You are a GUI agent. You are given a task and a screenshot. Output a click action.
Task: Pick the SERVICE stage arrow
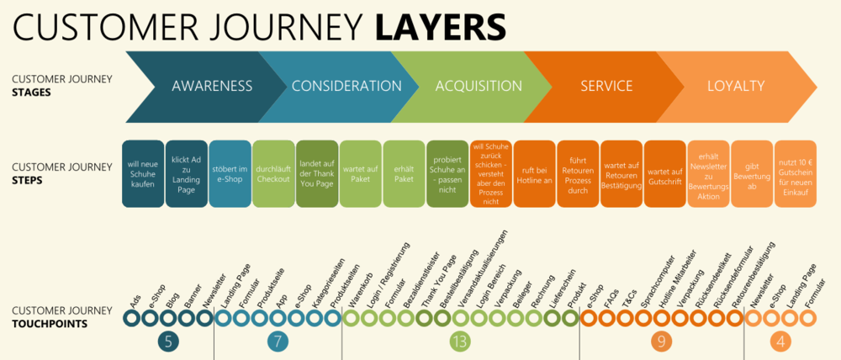(606, 86)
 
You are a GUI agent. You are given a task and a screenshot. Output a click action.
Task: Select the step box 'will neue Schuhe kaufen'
(143, 174)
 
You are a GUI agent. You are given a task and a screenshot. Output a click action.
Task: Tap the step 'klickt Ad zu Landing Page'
(187, 174)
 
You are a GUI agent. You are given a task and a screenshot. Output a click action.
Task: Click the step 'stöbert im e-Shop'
(230, 174)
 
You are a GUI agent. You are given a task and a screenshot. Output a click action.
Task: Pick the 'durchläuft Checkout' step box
(273, 174)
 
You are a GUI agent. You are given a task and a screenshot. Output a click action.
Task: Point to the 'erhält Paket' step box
(404, 174)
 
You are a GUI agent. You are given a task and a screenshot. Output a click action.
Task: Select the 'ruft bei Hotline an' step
(534, 174)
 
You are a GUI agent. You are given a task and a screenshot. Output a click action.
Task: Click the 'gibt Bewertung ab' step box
(751, 174)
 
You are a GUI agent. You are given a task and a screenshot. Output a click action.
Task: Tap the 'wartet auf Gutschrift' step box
(664, 174)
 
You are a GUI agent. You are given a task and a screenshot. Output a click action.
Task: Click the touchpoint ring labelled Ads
(131, 319)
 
